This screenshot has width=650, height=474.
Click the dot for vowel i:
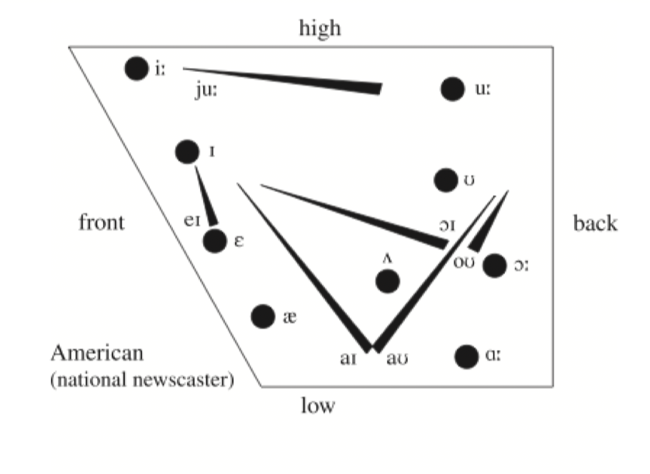[137, 68]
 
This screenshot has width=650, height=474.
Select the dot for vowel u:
[452, 88]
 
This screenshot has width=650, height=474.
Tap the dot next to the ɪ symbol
[187, 152]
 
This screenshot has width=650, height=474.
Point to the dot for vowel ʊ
[446, 180]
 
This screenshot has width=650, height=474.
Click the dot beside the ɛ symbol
[215, 241]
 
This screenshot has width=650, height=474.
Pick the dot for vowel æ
[263, 317]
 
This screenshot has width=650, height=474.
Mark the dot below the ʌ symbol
[388, 281]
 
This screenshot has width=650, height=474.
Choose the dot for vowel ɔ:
[495, 266]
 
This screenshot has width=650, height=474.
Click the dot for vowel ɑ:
[466, 356]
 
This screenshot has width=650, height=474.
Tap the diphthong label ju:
[206, 90]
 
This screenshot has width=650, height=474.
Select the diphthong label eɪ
[192, 221]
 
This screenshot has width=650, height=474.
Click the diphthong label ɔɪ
[448, 225]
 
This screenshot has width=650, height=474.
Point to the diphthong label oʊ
[464, 263]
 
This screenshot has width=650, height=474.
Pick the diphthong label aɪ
[348, 359]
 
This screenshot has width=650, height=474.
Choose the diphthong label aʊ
[397, 359]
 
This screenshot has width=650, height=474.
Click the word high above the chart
[320, 29]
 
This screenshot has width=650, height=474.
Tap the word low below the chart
[318, 405]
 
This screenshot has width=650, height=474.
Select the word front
[102, 222]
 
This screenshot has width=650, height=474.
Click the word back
[595, 223]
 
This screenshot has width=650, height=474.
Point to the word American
[97, 353]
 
